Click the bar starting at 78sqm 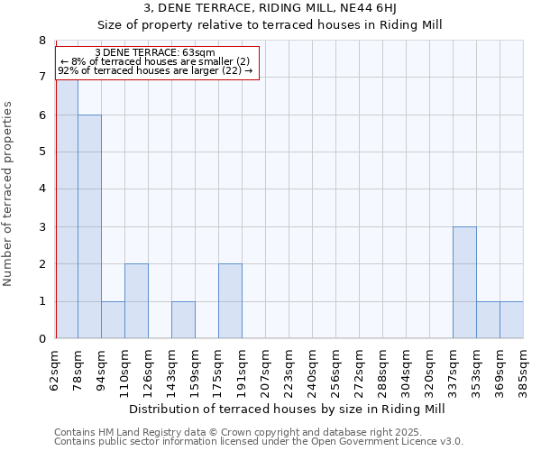[89, 226]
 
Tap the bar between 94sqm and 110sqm [113, 320]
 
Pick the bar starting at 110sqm [136, 301]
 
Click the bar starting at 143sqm [183, 320]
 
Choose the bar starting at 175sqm [230, 301]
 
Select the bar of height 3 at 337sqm [464, 282]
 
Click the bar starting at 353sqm [488, 320]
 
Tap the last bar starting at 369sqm [511, 320]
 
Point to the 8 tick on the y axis [41, 41]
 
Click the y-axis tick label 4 [41, 189]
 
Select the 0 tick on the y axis [41, 339]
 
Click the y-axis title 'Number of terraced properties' [8, 194]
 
